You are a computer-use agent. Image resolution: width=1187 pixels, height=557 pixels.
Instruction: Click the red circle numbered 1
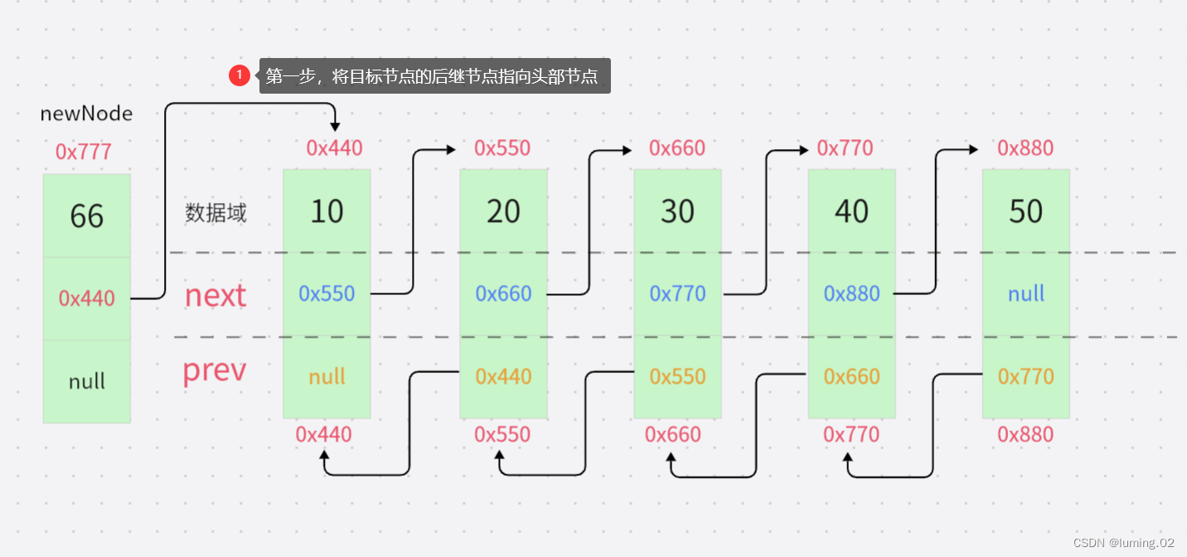pyautogui.click(x=239, y=75)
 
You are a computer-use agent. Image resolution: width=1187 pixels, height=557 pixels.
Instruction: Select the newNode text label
pyautogui.click(x=86, y=114)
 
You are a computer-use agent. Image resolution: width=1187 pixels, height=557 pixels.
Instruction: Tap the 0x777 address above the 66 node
pyautogui.click(x=83, y=152)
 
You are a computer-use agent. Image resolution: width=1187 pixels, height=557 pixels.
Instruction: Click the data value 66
pyautogui.click(x=86, y=216)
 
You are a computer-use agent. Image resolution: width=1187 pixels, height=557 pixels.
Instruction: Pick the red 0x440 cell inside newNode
pyautogui.click(x=86, y=298)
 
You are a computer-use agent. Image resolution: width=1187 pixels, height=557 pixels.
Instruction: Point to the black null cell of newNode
pyautogui.click(x=86, y=381)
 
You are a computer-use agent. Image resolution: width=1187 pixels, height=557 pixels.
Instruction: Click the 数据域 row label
pyautogui.click(x=216, y=213)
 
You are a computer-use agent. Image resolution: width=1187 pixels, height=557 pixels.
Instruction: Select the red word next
pyautogui.click(x=216, y=295)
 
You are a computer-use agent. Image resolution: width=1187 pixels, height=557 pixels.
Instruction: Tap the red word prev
pyautogui.click(x=214, y=371)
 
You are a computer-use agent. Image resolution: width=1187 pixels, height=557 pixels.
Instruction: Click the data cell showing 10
pyautogui.click(x=327, y=211)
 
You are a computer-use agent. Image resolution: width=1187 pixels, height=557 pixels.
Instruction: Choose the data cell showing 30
pyautogui.click(x=677, y=211)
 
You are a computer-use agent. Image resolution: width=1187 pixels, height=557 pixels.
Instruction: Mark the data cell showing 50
pyautogui.click(x=1026, y=211)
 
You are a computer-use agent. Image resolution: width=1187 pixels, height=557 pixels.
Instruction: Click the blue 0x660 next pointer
pyautogui.click(x=503, y=293)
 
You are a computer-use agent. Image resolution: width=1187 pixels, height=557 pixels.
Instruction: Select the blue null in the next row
pyautogui.click(x=1026, y=293)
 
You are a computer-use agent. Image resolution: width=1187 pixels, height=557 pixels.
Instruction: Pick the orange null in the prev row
pyautogui.click(x=327, y=376)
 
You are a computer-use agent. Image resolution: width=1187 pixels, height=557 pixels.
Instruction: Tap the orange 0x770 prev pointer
pyautogui.click(x=1026, y=376)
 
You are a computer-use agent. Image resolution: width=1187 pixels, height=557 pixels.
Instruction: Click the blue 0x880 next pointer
pyautogui.click(x=851, y=293)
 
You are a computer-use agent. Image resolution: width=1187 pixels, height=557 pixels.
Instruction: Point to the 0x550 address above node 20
pyautogui.click(x=502, y=148)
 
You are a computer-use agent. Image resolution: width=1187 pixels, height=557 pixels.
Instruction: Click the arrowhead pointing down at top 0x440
pyautogui.click(x=335, y=126)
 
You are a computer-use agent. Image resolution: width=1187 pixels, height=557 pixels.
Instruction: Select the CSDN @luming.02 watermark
pyautogui.click(x=1123, y=543)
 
